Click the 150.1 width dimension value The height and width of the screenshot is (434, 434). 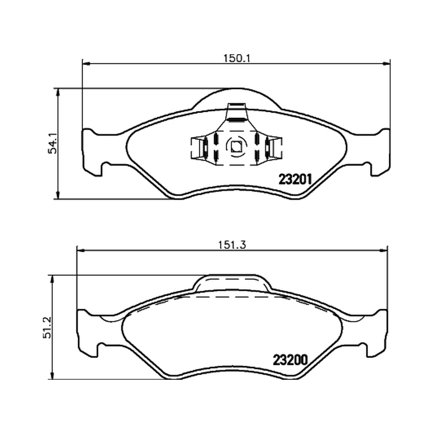point(237,59)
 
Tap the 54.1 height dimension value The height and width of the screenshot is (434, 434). point(52,143)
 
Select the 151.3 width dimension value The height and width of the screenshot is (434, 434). point(232,245)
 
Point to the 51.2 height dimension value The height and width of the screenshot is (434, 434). point(47,328)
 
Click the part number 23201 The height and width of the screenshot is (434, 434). point(295,180)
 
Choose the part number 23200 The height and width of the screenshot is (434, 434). point(290,360)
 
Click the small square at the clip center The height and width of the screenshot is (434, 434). point(236,146)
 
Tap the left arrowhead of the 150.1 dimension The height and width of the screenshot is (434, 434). point(86,64)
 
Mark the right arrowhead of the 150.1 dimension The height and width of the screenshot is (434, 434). point(386,64)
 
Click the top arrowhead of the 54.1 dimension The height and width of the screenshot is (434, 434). point(58,92)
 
